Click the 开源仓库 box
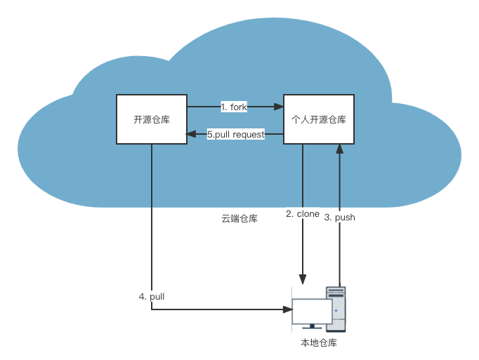(152, 119)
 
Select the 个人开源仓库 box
(319, 119)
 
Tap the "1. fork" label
(234, 107)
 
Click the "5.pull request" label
(236, 134)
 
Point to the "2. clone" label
(303, 213)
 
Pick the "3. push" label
(340, 218)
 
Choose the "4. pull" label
(152, 296)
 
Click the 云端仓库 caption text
(240, 219)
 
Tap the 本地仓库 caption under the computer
(319, 343)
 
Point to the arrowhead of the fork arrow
(278, 107)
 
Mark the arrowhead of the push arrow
(340, 149)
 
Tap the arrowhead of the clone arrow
(303, 279)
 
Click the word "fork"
(239, 107)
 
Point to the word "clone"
(308, 213)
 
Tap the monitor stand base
(313, 327)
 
